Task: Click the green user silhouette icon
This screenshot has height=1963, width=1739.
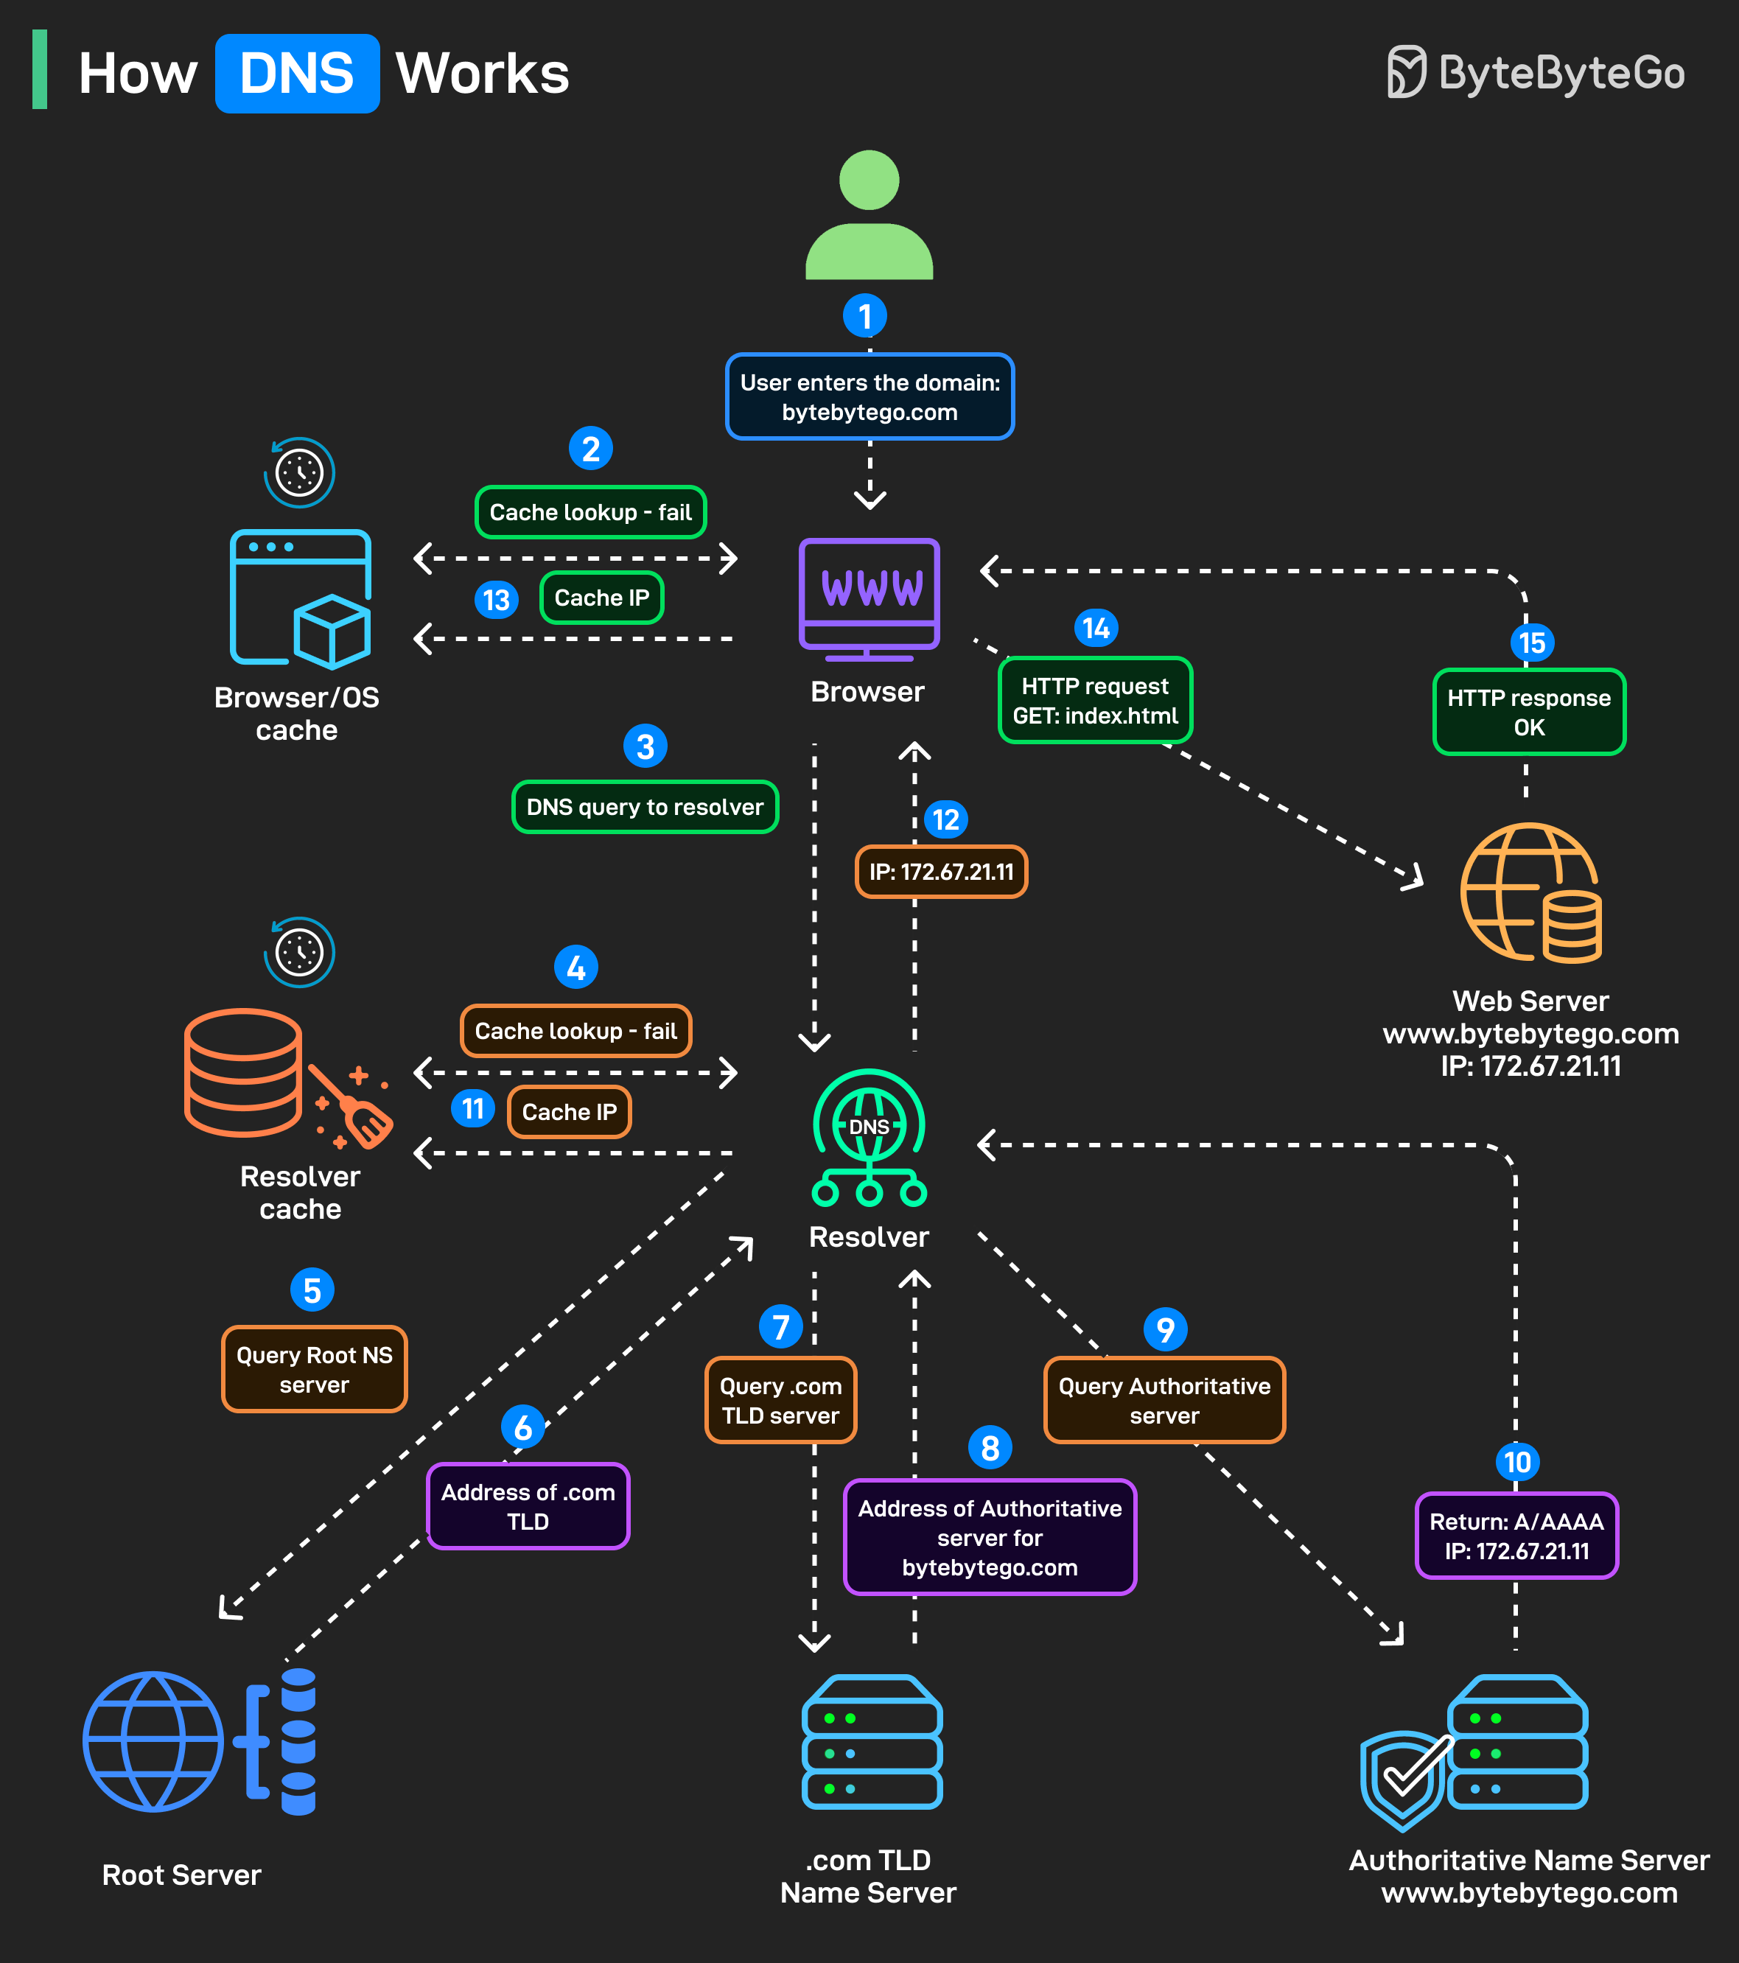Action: (x=869, y=215)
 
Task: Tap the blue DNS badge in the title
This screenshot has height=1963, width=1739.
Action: (x=297, y=74)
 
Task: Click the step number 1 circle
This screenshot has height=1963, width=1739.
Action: (x=864, y=316)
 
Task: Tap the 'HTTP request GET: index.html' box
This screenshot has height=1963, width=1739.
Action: (x=1095, y=700)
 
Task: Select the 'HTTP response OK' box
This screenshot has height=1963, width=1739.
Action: (x=1529, y=712)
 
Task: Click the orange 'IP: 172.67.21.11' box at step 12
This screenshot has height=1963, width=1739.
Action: (x=941, y=872)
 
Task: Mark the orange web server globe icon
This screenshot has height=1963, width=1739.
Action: (x=1530, y=892)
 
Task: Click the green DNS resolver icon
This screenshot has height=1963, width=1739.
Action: (x=869, y=1137)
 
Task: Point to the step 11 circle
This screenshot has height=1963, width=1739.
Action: (x=472, y=1109)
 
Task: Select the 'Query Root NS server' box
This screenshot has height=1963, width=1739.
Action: (x=314, y=1370)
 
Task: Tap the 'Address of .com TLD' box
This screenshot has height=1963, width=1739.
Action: (x=528, y=1506)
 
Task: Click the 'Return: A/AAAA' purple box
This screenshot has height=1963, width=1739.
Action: (x=1516, y=1536)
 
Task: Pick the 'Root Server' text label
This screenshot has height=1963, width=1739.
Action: (x=181, y=1875)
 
